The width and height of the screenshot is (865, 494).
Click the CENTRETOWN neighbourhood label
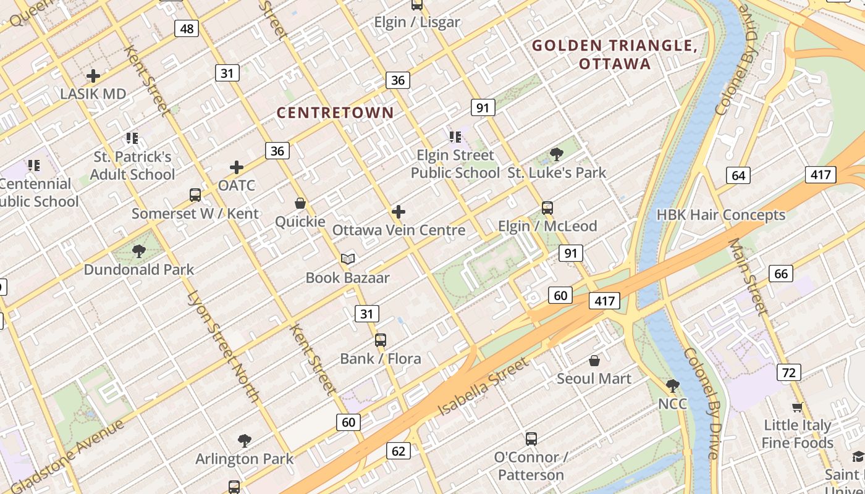(335, 112)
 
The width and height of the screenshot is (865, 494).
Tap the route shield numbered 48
(186, 28)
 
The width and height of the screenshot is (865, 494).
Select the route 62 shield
(399, 451)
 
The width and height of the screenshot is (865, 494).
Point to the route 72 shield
(788, 372)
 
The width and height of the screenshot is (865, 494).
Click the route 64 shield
(738, 175)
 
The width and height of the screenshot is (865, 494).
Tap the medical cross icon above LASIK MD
(93, 76)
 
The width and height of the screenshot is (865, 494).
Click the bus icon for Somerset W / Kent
(195, 195)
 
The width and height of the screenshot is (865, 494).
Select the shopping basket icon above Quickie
(300, 203)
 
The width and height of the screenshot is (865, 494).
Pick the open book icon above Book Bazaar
(348, 259)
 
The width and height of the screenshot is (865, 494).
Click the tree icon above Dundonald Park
(139, 251)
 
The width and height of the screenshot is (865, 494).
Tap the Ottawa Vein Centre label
(399, 230)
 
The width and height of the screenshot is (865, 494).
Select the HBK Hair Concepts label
(720, 215)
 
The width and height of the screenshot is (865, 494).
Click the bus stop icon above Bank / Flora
(381, 340)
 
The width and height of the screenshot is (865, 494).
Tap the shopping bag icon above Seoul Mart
(594, 360)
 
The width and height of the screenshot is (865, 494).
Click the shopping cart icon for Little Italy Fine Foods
(797, 407)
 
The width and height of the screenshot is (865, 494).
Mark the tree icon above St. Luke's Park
(557, 154)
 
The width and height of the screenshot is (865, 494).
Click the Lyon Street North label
(223, 346)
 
